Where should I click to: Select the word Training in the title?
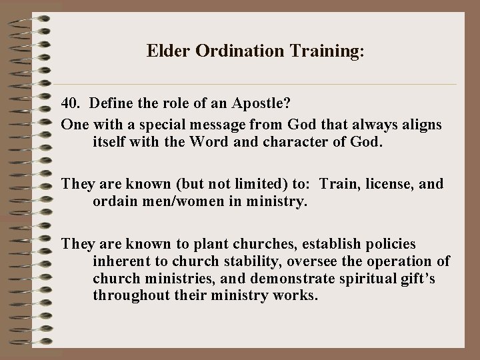[318, 51]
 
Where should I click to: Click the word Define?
[112, 104]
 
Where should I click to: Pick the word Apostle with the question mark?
[259, 104]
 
